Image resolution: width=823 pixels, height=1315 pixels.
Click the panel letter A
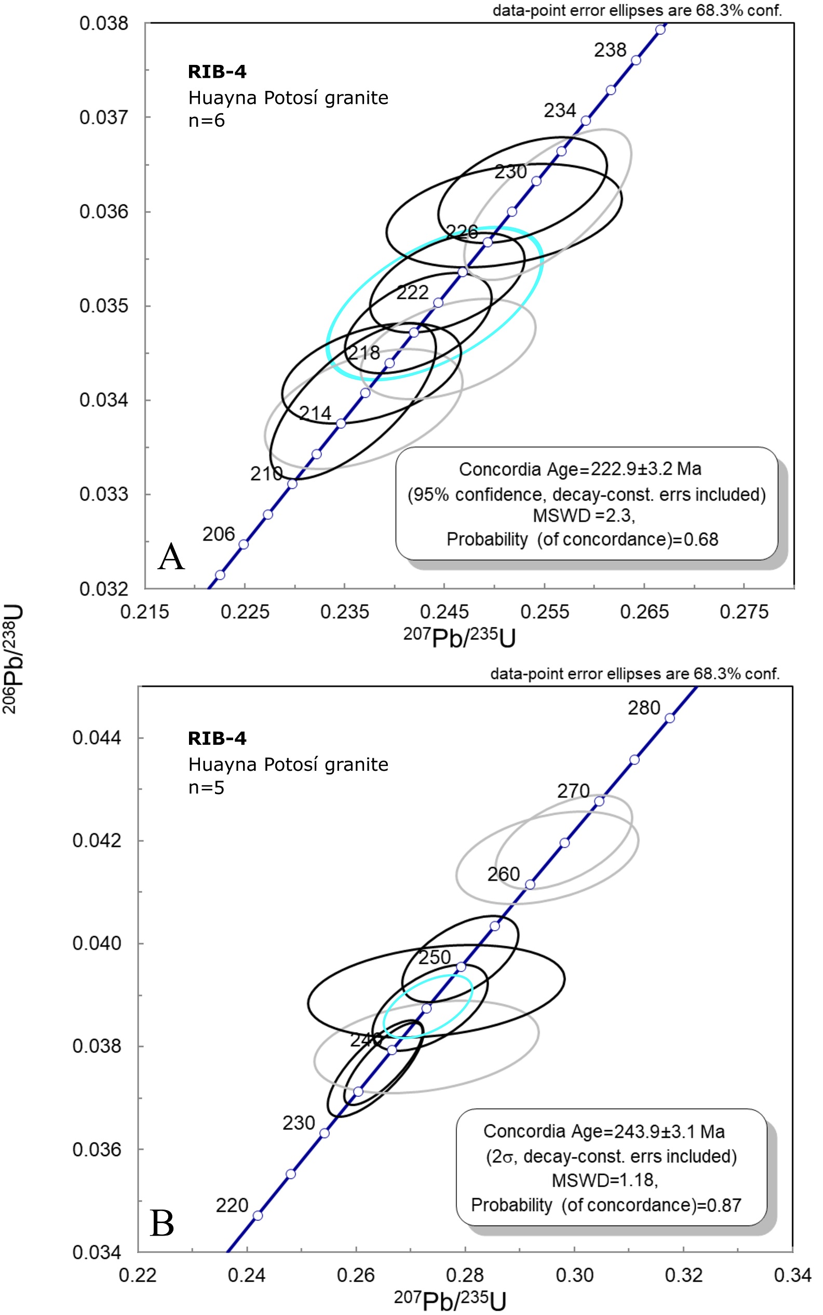(171, 557)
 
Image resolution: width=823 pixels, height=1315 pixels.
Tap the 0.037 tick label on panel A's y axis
(104, 117)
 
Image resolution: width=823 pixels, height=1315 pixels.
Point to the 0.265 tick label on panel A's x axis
(644, 612)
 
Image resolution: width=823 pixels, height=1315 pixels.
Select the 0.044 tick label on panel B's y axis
(97, 738)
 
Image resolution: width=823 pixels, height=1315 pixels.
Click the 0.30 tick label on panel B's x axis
(574, 1275)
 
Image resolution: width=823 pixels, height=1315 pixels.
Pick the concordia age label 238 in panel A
(610, 50)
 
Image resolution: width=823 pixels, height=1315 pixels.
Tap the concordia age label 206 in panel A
(218, 534)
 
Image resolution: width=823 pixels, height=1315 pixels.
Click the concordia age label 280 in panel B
(644, 708)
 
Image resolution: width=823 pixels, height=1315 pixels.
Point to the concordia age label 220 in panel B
(232, 1205)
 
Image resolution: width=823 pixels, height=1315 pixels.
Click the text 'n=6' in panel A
(206, 120)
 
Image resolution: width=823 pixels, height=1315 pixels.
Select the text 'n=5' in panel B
(206, 787)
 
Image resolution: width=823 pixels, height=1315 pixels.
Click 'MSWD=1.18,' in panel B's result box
(605, 1180)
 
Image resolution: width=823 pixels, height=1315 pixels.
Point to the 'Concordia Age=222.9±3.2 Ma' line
(579, 469)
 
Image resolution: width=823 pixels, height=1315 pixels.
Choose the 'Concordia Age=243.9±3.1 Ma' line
(604, 1132)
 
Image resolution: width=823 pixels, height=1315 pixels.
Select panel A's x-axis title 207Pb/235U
(460, 637)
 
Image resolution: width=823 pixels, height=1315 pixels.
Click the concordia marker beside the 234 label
(586, 121)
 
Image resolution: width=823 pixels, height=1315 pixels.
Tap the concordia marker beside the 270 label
(599, 801)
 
